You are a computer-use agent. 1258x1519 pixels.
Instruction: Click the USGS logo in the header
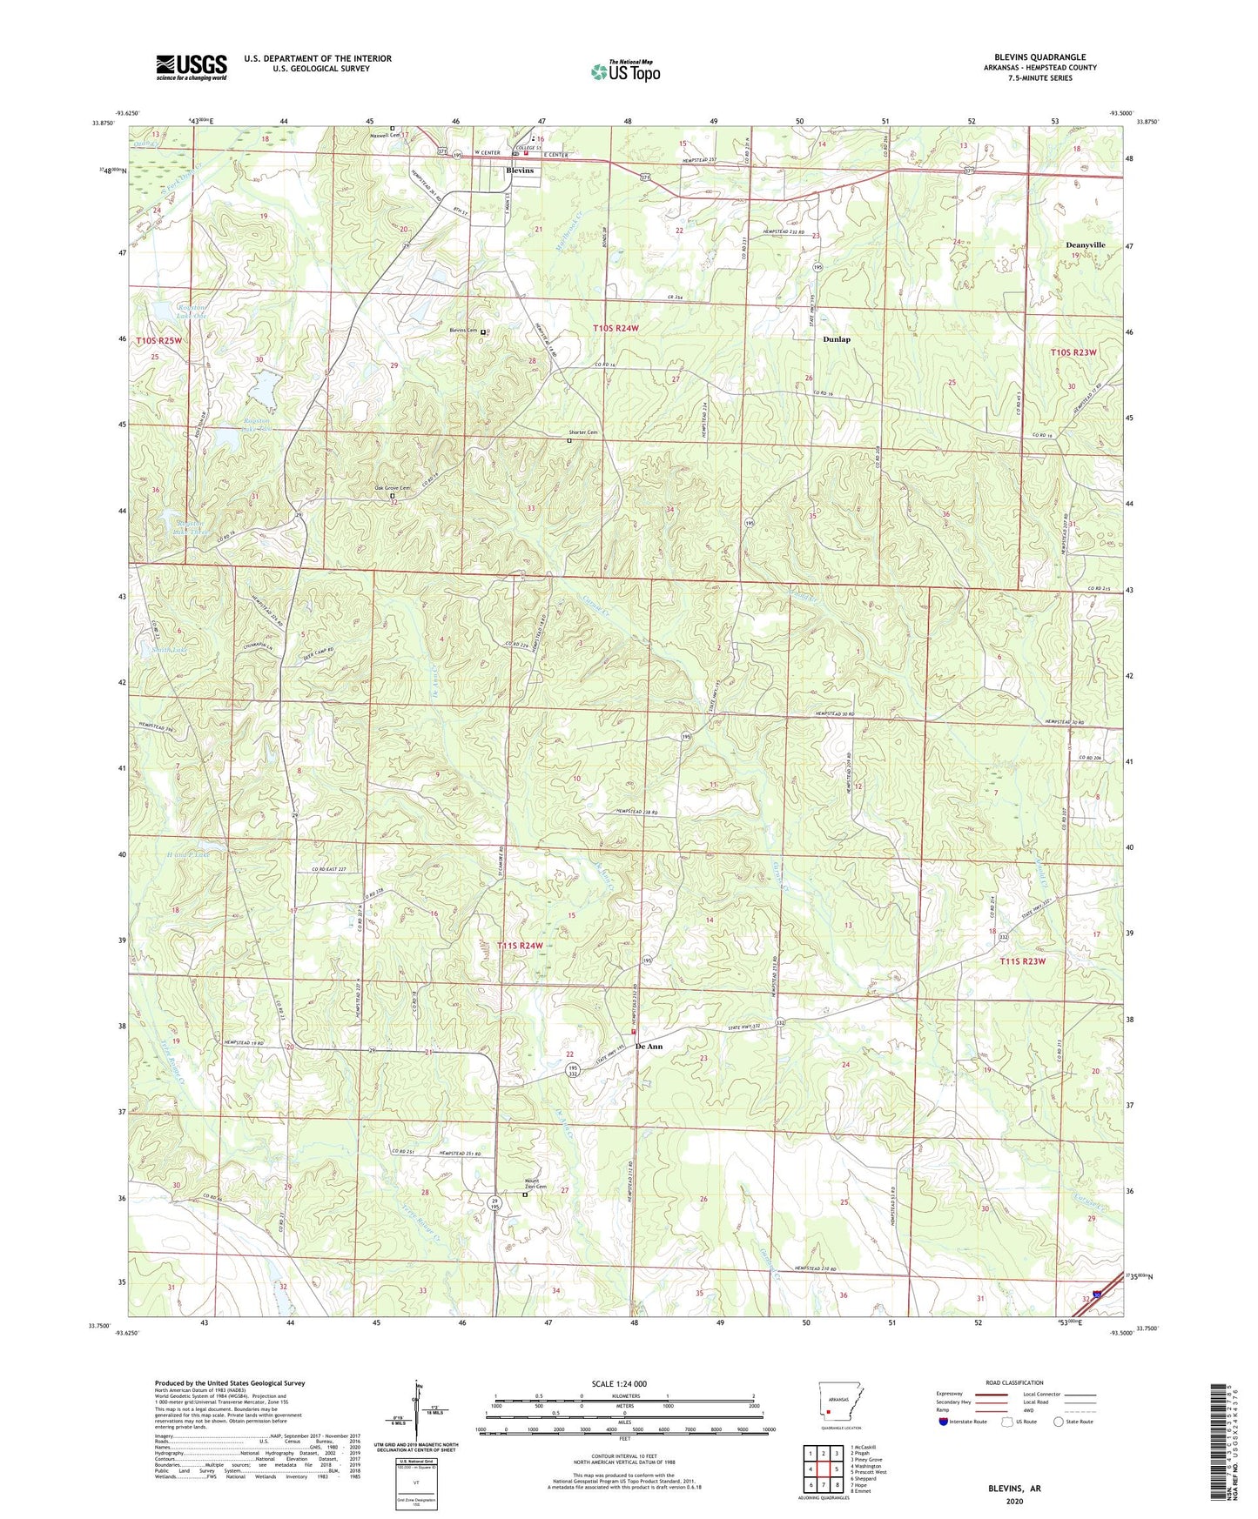coord(192,67)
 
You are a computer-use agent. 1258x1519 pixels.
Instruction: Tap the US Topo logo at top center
coord(625,71)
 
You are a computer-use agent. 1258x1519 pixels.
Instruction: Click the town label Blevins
coord(521,171)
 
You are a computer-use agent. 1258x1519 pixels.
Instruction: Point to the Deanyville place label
coord(1085,245)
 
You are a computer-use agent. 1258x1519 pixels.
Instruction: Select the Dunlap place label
coord(836,339)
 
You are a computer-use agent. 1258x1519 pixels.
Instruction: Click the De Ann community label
coord(649,1047)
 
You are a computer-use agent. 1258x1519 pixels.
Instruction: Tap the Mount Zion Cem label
coord(535,1185)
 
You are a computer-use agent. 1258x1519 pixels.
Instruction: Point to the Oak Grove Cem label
coord(392,489)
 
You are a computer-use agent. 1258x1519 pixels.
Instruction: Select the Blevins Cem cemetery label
coord(463,331)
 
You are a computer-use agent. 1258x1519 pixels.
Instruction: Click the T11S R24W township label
coord(520,946)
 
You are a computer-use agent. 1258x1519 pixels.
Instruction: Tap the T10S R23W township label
coord(1073,352)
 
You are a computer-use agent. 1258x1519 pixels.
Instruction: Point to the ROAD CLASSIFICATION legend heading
coord(1013,1382)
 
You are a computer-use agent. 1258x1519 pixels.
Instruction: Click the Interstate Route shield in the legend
coord(943,1422)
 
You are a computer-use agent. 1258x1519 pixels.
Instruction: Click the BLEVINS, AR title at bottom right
coord(1014,1489)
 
